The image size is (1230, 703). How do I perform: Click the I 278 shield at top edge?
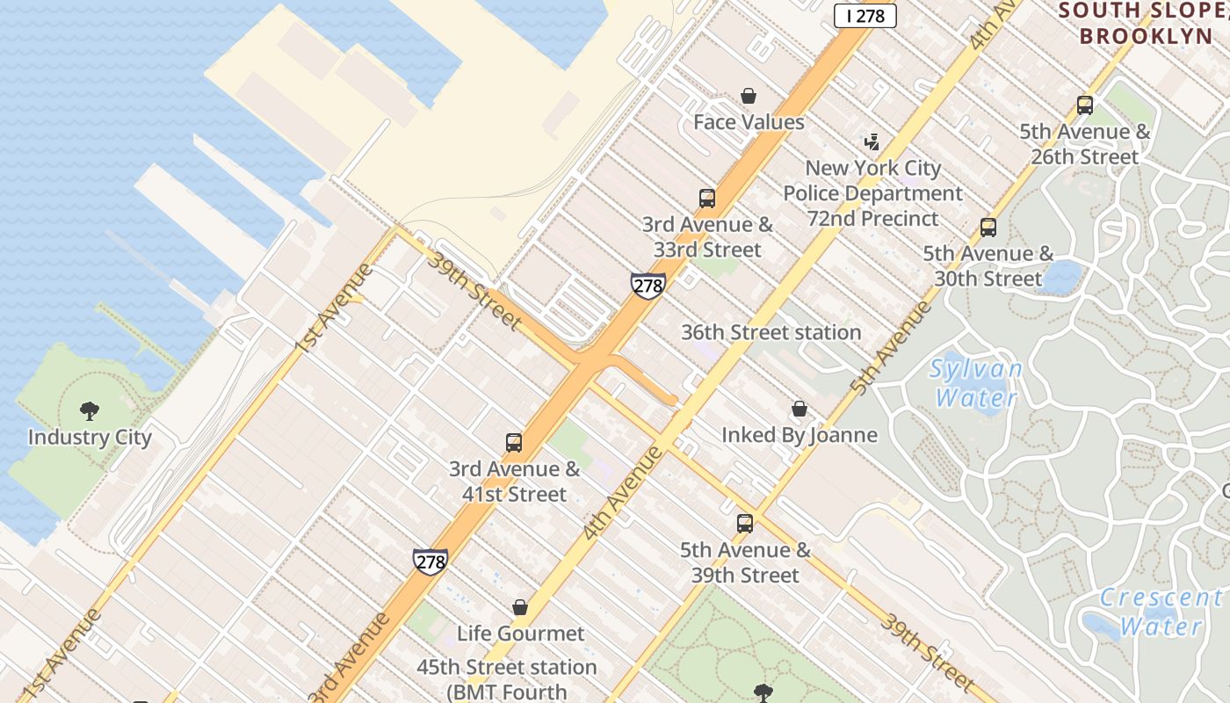tap(865, 16)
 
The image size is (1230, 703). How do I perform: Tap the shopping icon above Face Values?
tap(749, 96)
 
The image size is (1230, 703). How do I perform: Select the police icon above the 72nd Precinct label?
tap(872, 141)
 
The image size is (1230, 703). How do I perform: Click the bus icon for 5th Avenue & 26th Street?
tap(1085, 105)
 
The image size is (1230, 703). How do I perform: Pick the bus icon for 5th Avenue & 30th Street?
tap(988, 228)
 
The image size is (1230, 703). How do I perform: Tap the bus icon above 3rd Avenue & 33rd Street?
tap(707, 199)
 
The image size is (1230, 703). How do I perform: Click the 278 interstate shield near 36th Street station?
tap(648, 286)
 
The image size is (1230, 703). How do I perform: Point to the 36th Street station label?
tap(771, 332)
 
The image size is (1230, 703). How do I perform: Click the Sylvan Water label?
tap(975, 382)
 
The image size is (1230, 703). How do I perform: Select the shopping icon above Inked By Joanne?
tap(799, 409)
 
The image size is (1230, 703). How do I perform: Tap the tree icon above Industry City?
tap(90, 410)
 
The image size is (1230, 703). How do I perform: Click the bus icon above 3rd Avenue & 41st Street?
tap(514, 443)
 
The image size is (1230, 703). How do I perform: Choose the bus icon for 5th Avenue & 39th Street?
tap(745, 524)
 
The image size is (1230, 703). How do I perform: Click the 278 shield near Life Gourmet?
tap(430, 562)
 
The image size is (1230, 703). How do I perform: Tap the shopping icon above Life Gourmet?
tap(520, 607)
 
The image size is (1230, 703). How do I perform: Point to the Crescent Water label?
tap(1161, 612)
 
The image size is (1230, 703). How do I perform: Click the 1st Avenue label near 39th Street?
tap(333, 308)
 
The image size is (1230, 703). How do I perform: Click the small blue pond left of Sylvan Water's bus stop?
tap(1062, 275)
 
